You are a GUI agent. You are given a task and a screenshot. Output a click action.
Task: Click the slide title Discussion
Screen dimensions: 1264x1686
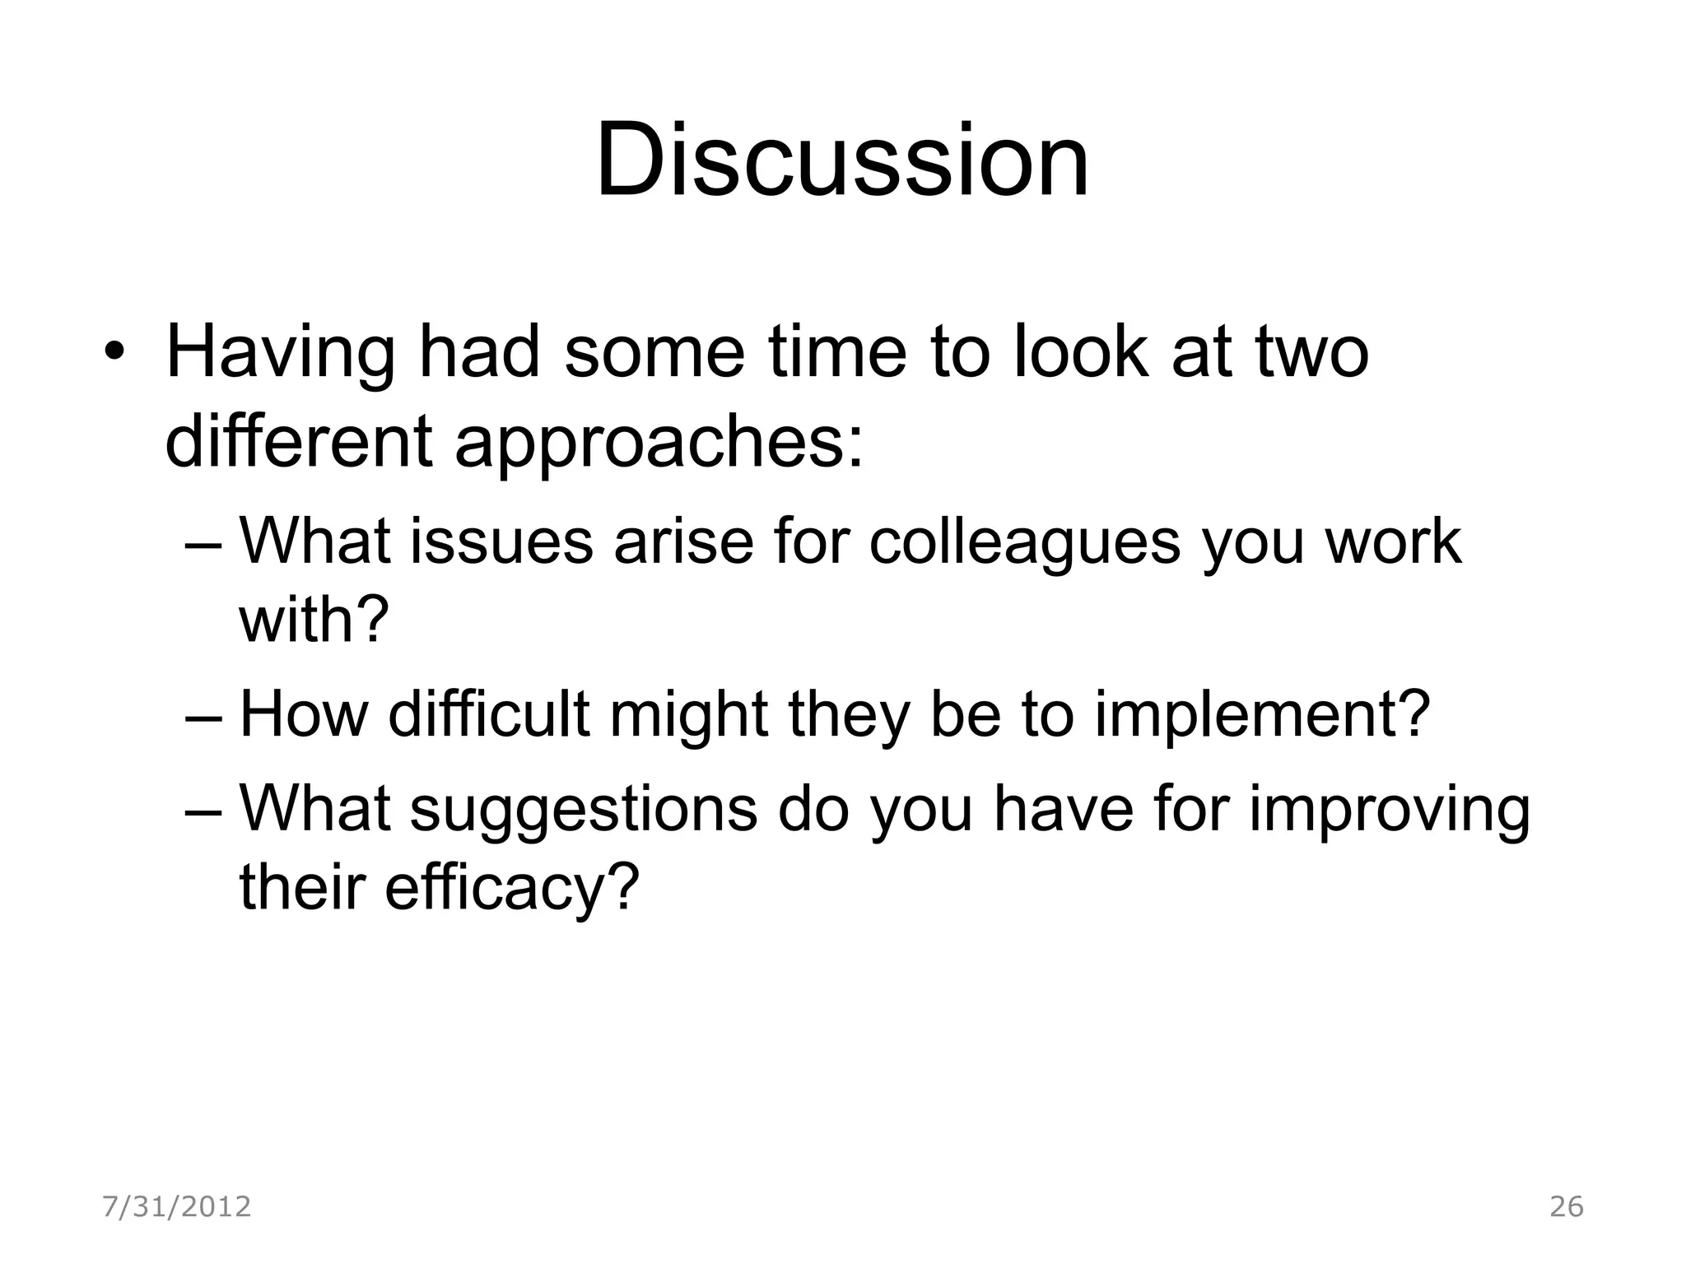click(842, 160)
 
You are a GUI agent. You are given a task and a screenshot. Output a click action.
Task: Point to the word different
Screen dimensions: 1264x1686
click(299, 440)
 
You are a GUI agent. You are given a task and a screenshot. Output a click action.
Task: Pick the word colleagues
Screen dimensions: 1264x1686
click(1025, 543)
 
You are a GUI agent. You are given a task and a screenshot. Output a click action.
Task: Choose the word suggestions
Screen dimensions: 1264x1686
click(583, 808)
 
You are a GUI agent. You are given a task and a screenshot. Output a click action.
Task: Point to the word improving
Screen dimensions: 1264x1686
click(1389, 810)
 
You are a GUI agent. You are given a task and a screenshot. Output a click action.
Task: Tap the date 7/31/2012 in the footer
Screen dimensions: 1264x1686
click(176, 1206)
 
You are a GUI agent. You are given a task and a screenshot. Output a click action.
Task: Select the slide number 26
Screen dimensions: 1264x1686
click(1567, 1206)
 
